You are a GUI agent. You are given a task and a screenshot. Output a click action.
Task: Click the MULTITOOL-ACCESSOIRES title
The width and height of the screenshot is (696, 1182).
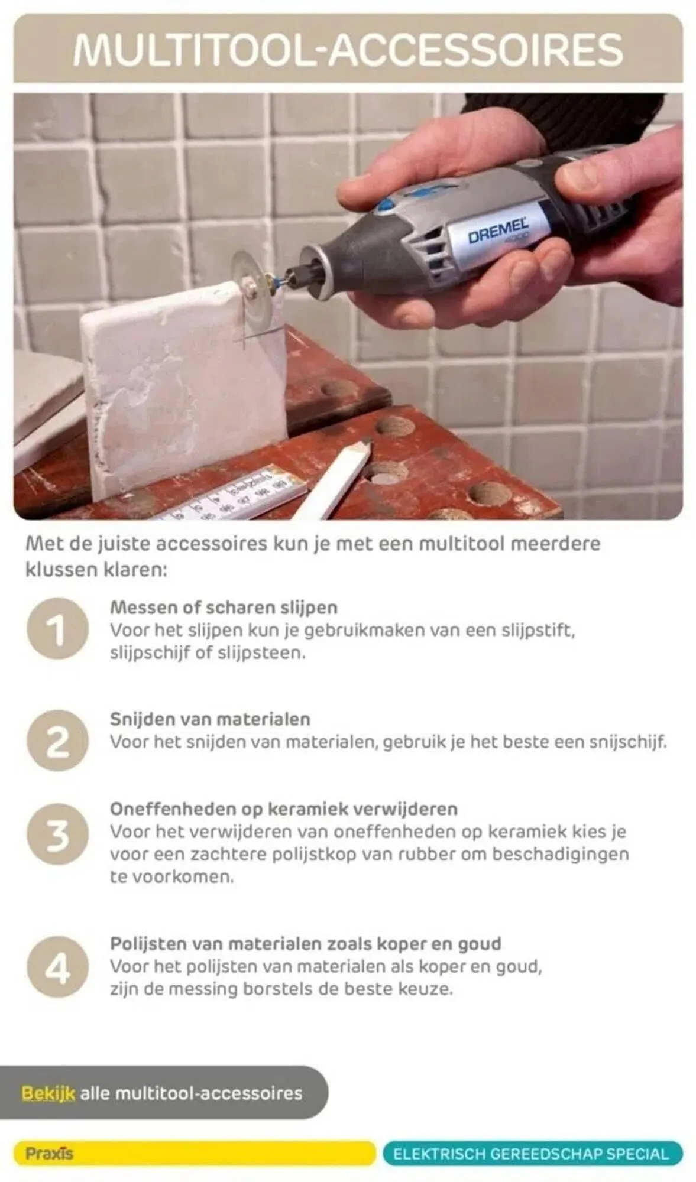(348, 49)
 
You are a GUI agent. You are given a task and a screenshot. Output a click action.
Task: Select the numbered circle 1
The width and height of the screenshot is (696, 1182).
(57, 629)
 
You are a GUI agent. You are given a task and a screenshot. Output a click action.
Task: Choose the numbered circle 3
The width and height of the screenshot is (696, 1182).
(57, 834)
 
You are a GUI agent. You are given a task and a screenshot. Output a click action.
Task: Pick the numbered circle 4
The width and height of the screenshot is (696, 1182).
(57, 967)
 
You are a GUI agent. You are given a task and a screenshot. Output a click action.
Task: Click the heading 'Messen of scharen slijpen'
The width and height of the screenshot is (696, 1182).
(224, 608)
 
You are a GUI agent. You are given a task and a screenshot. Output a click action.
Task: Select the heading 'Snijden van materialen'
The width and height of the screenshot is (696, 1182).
(210, 719)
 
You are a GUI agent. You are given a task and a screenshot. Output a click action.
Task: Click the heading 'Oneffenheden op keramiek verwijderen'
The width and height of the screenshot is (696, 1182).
(284, 809)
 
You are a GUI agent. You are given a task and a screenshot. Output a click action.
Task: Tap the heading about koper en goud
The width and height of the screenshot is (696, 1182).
(306, 943)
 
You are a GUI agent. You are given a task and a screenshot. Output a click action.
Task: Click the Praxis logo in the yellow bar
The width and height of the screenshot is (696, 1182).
(49, 1153)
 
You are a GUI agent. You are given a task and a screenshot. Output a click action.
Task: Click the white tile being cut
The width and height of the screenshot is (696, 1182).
(183, 389)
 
